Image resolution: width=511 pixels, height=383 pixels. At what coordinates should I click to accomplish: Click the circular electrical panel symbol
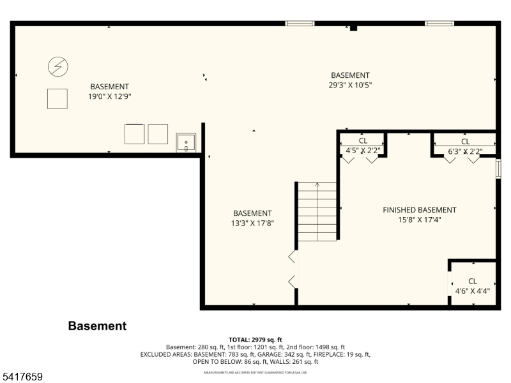pos(58,66)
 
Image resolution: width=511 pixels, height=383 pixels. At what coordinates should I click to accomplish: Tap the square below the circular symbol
pos(57,98)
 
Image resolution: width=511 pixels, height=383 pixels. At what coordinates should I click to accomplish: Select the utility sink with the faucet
pos(186,142)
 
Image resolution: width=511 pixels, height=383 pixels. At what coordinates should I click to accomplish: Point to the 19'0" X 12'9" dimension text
pos(109,96)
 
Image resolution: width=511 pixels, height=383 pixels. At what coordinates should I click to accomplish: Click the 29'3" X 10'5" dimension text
pos(350,85)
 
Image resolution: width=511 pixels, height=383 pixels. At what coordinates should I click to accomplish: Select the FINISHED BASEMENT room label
pos(419,210)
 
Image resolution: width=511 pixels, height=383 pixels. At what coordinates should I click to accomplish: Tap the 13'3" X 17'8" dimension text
pos(252,223)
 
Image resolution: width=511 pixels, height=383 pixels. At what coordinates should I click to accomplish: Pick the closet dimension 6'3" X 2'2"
pos(465,151)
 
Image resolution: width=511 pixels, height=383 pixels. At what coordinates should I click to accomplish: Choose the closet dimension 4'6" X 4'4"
pos(473,291)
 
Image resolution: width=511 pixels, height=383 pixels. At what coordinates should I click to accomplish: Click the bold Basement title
pos(97,326)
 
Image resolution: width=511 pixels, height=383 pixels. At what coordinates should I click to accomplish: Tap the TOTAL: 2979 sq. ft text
pos(255,340)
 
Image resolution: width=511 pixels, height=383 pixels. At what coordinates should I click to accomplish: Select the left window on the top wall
pos(300,24)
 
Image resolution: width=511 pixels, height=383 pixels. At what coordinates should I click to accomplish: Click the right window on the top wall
pos(439,24)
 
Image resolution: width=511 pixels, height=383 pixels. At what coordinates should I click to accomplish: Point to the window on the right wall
pos(498,168)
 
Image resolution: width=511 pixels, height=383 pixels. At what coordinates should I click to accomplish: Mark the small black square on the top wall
pos(353,27)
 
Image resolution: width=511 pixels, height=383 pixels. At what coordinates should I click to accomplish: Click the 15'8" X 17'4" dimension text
pos(419,220)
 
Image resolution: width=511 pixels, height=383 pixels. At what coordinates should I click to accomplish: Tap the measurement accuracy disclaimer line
pos(255,372)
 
